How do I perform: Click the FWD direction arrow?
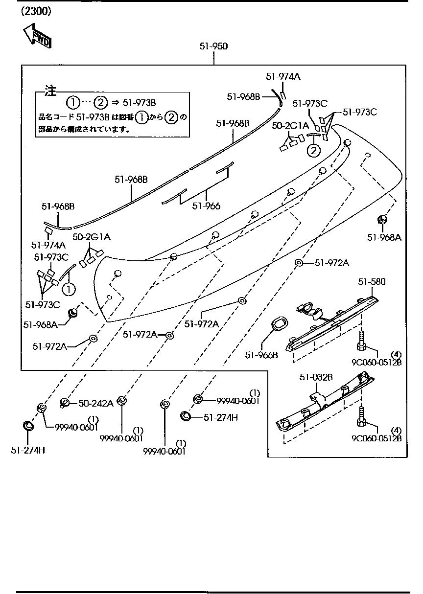37,37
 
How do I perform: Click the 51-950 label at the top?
213,46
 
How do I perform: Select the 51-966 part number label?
206,206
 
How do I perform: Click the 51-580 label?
372,282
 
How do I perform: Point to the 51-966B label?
261,355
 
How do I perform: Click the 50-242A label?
96,403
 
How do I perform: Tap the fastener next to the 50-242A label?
64,403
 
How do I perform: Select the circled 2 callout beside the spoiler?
313,150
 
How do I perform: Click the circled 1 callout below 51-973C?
69,289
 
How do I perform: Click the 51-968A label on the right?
384,237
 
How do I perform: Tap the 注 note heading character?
50,91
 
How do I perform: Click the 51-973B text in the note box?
139,103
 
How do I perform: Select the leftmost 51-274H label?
28,450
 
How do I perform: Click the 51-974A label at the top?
283,76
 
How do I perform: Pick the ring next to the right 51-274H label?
186,416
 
